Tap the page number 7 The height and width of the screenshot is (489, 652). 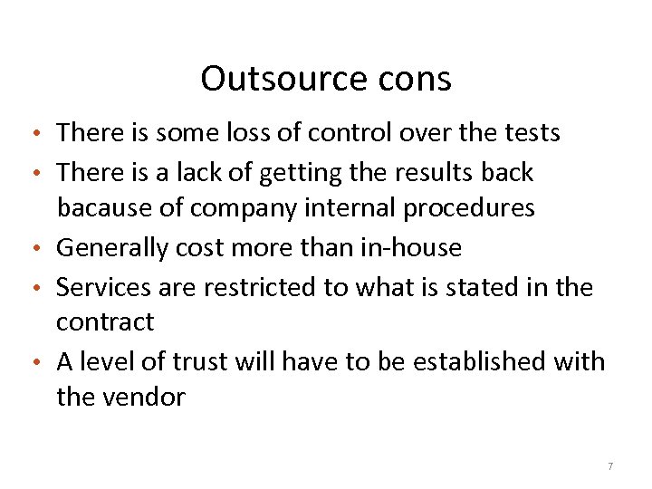tap(610, 465)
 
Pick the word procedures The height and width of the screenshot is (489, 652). tap(469, 208)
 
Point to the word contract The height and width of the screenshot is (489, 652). tap(105, 321)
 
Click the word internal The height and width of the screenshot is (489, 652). tap(347, 208)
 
